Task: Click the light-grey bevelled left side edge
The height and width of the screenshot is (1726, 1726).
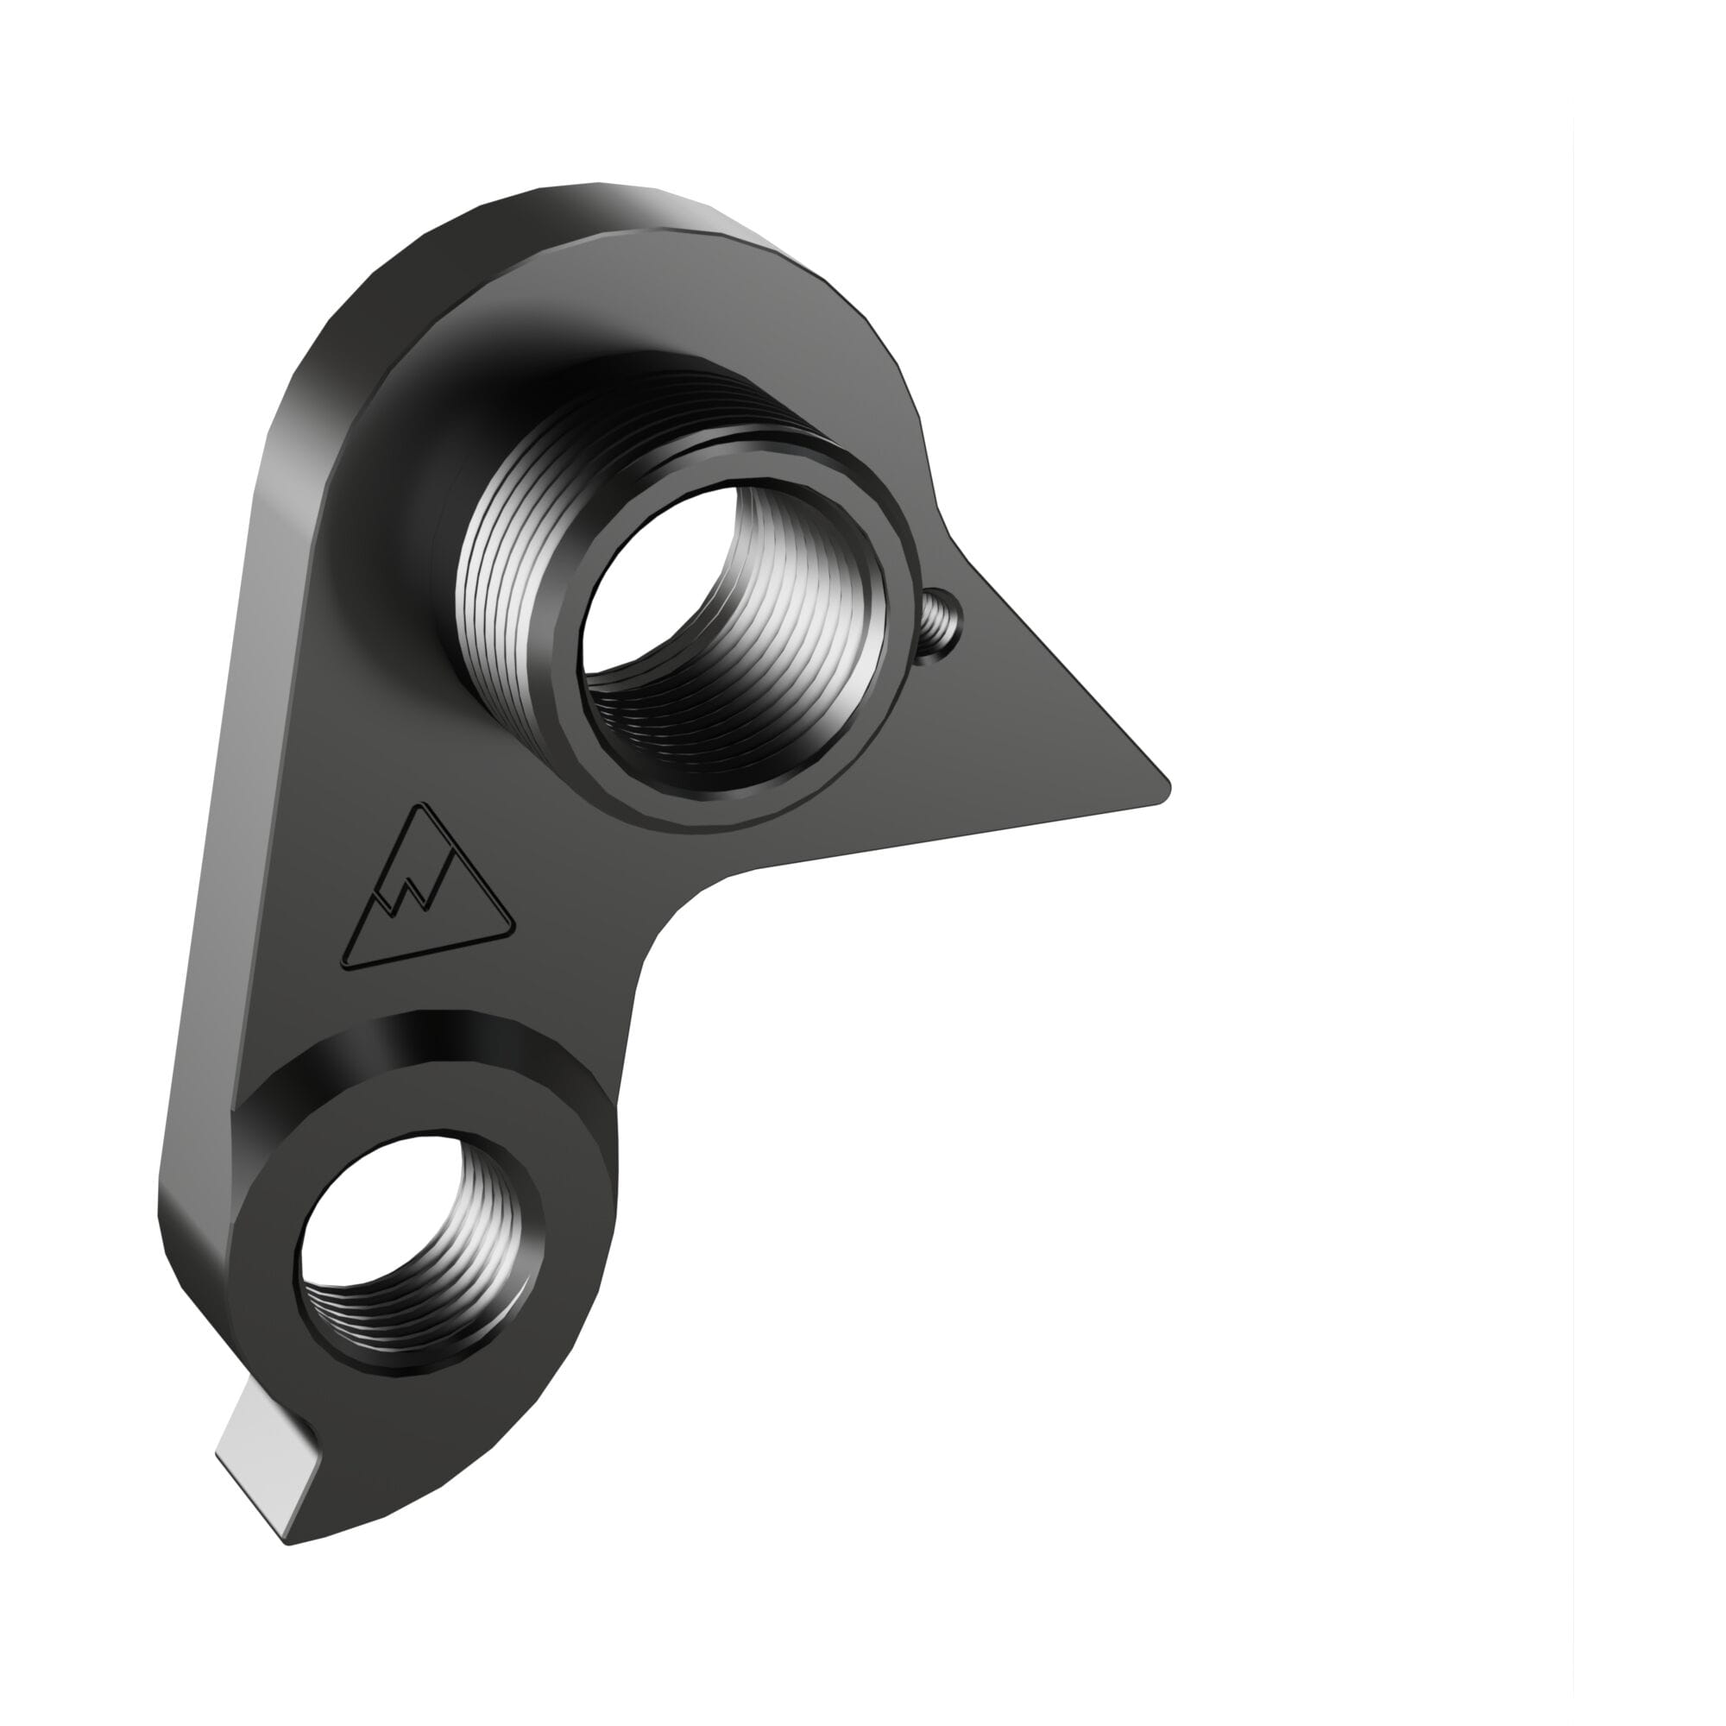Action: tap(224, 804)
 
